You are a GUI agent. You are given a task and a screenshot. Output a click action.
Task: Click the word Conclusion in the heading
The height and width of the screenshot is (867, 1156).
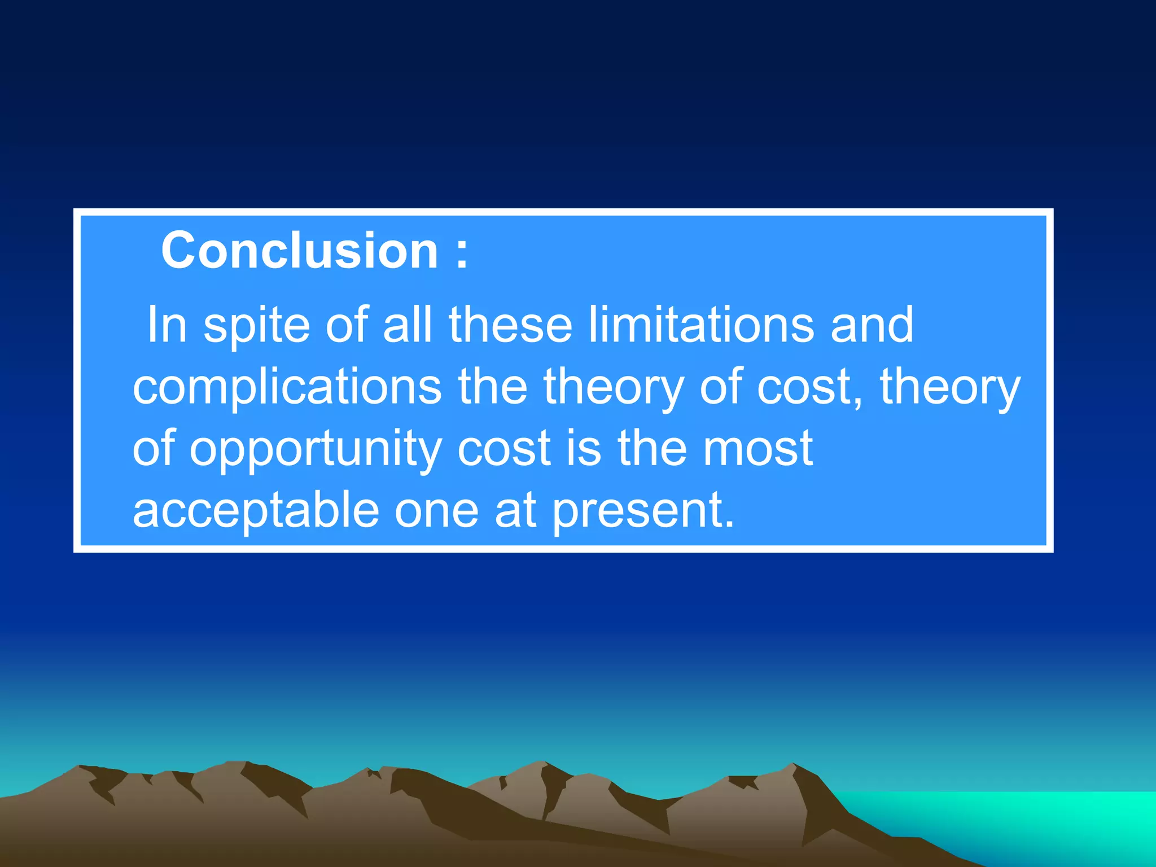(300, 250)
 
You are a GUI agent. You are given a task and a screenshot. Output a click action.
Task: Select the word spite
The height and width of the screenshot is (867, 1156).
(256, 325)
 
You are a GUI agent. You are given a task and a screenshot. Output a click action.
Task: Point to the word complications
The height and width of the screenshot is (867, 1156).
(287, 387)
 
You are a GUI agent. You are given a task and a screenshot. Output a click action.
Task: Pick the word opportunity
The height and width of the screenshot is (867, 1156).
(315, 449)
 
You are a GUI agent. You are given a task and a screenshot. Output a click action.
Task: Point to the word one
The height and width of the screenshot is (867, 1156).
(436, 511)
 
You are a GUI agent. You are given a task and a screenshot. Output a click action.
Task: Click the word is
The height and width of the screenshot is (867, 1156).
(584, 448)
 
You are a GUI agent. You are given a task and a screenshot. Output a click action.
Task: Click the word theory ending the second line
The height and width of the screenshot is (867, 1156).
(950, 387)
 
